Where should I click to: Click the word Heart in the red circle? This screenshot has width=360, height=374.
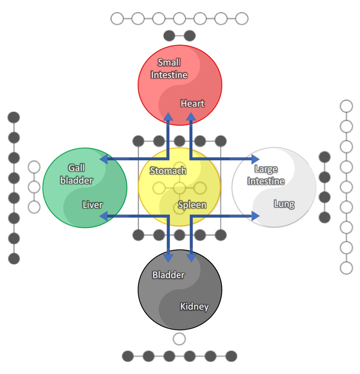click(x=192, y=103)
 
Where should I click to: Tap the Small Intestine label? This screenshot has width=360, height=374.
click(x=169, y=69)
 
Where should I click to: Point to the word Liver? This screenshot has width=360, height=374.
click(x=92, y=205)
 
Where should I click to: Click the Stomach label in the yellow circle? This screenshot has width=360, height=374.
click(x=168, y=171)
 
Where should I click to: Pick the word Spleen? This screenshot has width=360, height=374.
click(x=192, y=205)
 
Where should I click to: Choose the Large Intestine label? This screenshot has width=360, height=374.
click(x=266, y=175)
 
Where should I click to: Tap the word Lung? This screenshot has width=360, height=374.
click(x=284, y=204)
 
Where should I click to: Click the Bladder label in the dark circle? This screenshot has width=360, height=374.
click(x=168, y=275)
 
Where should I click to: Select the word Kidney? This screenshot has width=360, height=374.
click(x=194, y=306)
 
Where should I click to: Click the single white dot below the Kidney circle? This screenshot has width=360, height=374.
click(x=179, y=339)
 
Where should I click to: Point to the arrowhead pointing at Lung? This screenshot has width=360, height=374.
click(x=256, y=215)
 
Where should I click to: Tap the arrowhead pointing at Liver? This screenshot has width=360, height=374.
click(x=103, y=215)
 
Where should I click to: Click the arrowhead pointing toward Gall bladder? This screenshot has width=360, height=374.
click(x=103, y=159)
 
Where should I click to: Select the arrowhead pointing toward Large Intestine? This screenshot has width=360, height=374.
click(x=256, y=159)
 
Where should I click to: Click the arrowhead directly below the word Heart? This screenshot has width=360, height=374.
click(x=191, y=116)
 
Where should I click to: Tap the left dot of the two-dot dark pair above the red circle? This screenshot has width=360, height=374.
click(x=169, y=36)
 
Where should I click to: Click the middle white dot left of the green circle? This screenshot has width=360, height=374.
click(x=34, y=187)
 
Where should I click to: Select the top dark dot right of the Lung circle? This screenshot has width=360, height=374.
click(x=325, y=157)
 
